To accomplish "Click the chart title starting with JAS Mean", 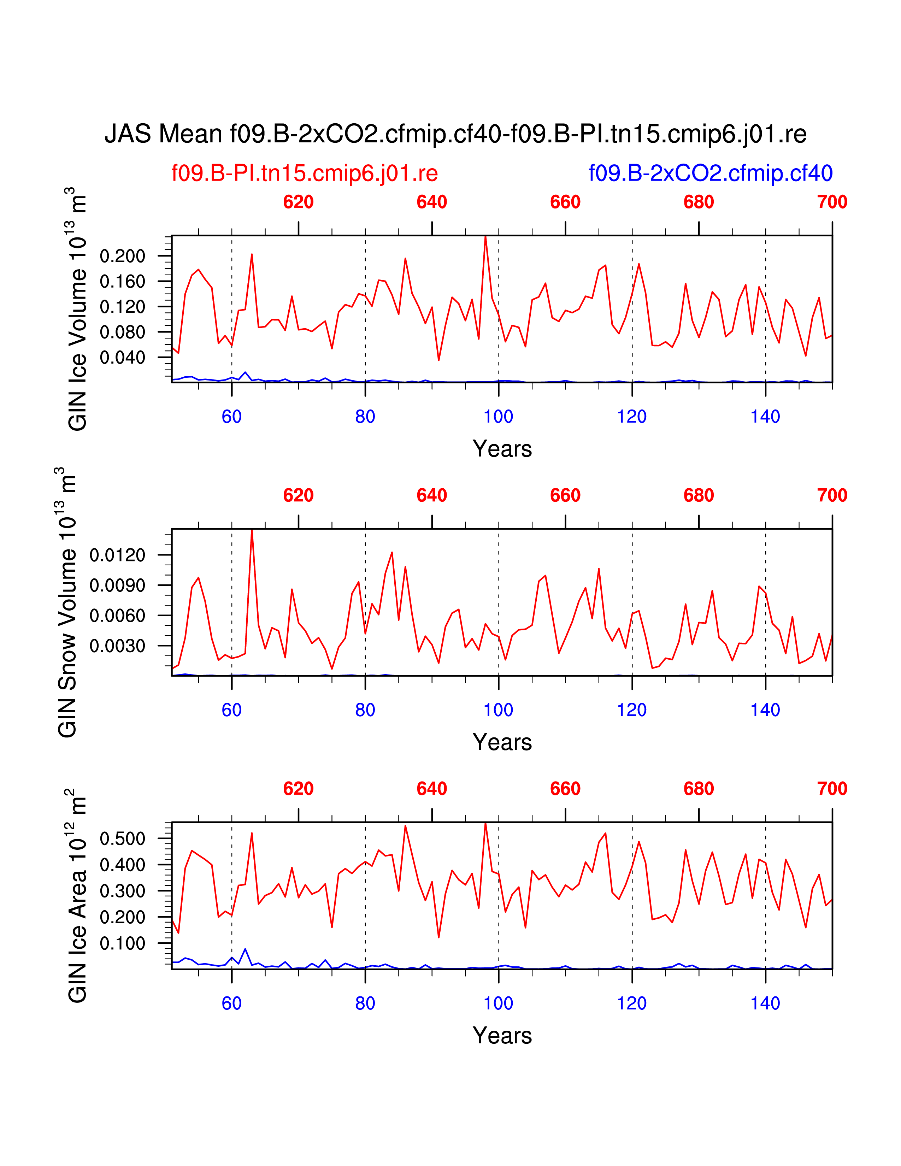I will [455, 134].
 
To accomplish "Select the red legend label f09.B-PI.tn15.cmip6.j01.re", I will [304, 173].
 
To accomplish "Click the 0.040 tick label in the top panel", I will [122, 358].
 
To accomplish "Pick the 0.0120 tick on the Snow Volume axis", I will [117, 555].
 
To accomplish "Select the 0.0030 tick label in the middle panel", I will [117, 646].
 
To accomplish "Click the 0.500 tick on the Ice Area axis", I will [122, 839].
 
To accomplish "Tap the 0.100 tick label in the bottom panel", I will [122, 943].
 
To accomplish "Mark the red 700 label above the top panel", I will [832, 202].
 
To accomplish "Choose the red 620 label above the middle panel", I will [298, 495].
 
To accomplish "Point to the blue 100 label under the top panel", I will [498, 417].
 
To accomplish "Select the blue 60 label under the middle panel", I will [232, 710].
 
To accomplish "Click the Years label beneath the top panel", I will [502, 449].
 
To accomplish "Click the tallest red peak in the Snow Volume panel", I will [252, 530].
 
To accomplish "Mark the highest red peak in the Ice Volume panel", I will [485, 237].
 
